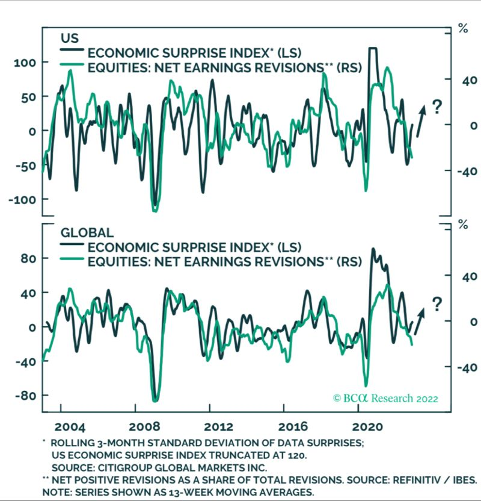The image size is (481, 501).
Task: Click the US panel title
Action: pyautogui.click(x=70, y=38)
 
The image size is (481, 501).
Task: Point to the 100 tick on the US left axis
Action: pyautogui.click(x=24, y=63)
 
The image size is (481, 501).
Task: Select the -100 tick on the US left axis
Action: pyautogui.click(x=21, y=199)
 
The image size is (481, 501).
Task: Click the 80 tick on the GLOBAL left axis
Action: pyautogui.click(x=26, y=258)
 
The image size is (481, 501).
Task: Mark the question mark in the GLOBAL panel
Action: pyautogui.click(x=437, y=304)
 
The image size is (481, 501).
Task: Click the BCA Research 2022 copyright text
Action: pyautogui.click(x=385, y=398)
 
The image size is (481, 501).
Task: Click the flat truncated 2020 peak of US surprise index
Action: pyautogui.click(x=373, y=48)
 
